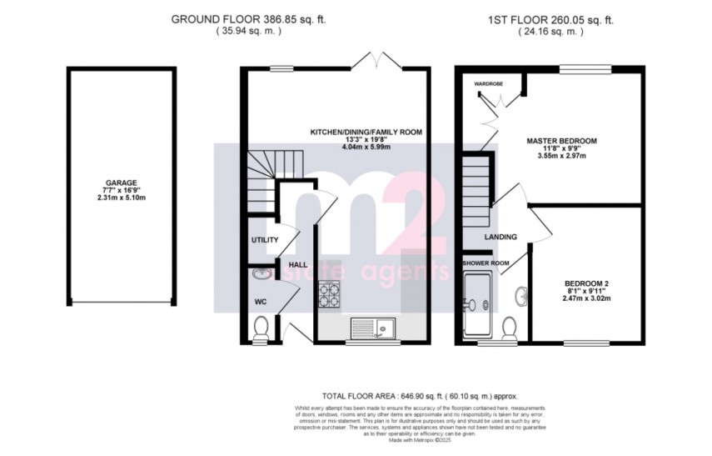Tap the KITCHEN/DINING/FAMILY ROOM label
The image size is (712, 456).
click(366, 132)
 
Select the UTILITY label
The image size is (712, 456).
click(264, 240)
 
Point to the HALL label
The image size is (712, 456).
click(297, 264)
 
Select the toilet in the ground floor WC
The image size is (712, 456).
click(260, 329)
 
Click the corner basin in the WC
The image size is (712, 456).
click(257, 273)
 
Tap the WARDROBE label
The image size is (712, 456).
click(490, 84)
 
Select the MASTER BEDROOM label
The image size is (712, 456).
click(562, 140)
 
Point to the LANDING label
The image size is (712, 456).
click(500, 237)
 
